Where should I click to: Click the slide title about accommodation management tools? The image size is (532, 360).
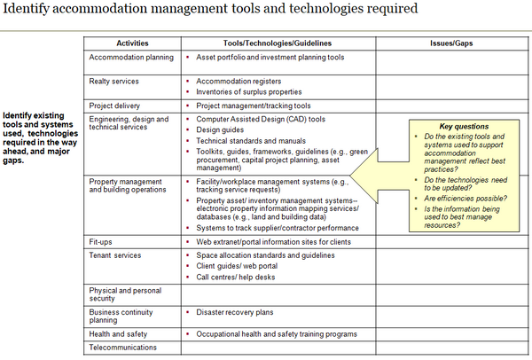click(209, 10)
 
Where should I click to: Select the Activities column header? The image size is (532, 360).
click(132, 43)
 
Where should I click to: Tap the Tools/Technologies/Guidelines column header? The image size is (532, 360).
click(278, 43)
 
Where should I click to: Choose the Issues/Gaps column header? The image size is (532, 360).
click(450, 43)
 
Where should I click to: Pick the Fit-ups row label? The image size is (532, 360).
click(100, 241)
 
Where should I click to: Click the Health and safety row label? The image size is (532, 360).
click(117, 333)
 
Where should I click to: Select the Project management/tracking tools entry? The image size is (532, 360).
click(253, 106)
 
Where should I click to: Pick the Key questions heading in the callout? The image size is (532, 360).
click(464, 127)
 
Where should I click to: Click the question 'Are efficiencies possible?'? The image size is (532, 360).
click(461, 199)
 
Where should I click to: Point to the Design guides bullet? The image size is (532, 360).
click(220, 129)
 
